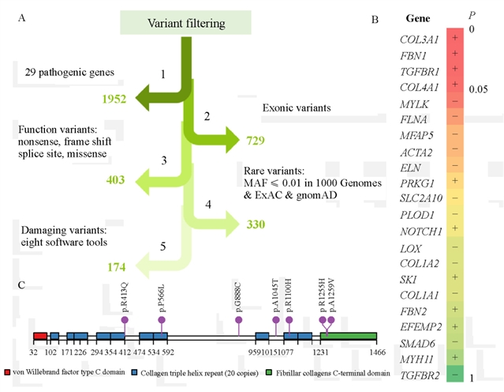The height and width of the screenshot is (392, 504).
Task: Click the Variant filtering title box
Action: coord(180,23)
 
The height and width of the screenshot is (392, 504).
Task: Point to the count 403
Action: coord(115,180)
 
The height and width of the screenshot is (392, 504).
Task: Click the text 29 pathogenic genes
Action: coord(69,73)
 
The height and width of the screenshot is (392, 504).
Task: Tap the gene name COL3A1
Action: coord(422,39)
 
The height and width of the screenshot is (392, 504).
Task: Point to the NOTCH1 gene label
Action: coord(422,229)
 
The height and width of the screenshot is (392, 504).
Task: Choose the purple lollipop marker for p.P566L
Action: coord(162,320)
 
